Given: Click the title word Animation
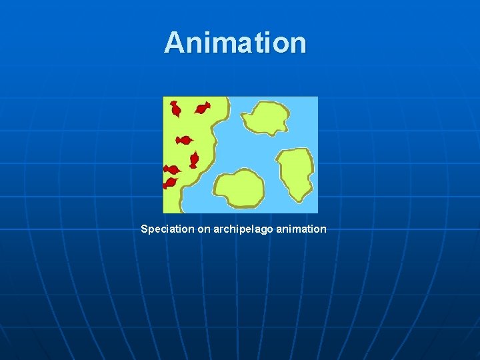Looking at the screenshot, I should coord(235,42).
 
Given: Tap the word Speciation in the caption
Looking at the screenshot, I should coord(167,229).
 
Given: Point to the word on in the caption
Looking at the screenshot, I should coord(204,229).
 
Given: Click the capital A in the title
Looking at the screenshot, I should coord(174,43).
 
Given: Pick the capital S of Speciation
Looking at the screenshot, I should coord(145,229).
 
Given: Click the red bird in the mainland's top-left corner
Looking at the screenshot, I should coord(175,108).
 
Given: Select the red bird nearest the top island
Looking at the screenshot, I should coord(202,107).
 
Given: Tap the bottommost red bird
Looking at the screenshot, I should coord(170,182).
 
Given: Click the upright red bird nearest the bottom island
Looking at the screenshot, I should coord(194,159).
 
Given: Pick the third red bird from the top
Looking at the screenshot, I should coord(183,140).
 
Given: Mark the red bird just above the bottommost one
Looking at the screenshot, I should coord(172,169).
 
